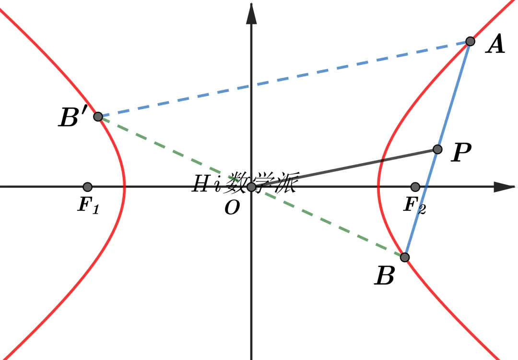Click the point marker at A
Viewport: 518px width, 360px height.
470,41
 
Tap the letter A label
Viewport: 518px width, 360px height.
495,44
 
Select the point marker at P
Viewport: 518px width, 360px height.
437,149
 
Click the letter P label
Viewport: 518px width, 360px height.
461,152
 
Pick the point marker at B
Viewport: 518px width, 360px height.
405,257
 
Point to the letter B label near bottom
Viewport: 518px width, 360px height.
385,276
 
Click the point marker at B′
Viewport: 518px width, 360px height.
98,117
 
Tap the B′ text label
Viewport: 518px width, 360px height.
73,116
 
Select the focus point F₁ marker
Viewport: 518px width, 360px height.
87,187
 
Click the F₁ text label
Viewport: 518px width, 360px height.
88,205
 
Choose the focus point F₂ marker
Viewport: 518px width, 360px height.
415,187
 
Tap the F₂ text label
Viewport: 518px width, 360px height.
414,205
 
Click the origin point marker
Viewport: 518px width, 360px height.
251,187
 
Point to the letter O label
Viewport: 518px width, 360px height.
232,208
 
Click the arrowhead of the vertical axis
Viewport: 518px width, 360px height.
251,14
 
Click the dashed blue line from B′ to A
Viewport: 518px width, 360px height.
284,79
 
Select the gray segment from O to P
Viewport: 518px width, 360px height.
344,168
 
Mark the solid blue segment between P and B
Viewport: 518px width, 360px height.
421,204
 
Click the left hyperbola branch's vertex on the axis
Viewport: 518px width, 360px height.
124,187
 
